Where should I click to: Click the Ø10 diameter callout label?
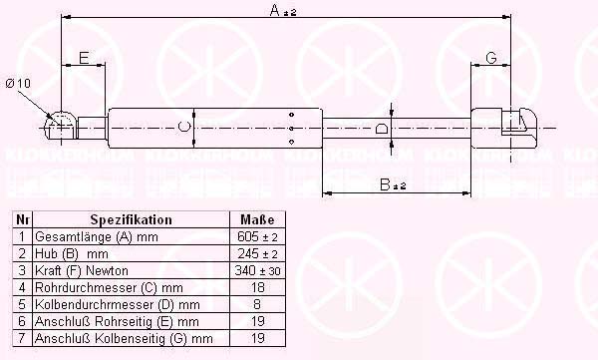18,83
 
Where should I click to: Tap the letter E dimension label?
84,58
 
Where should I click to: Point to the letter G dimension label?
491,58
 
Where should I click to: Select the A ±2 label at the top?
283,10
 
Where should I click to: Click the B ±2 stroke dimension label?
393,184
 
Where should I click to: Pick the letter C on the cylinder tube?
184,126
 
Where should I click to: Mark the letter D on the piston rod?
382,128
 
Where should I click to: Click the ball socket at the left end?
60,125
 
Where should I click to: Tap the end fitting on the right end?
504,128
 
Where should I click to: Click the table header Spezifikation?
131,220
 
